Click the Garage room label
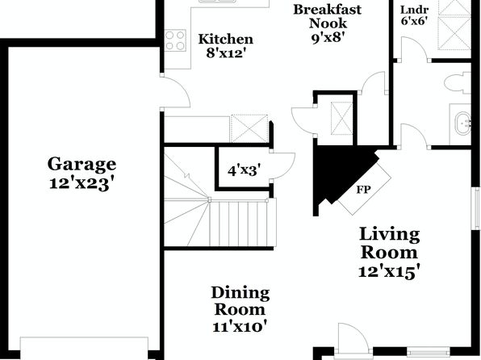pyautogui.click(x=82, y=164)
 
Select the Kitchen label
pyautogui.click(x=226, y=39)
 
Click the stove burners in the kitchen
pyautogui.click(x=175, y=40)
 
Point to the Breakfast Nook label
pyautogui.click(x=328, y=16)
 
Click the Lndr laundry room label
pyautogui.click(x=415, y=10)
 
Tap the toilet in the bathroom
pyautogui.click(x=458, y=83)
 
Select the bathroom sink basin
pyautogui.click(x=462, y=123)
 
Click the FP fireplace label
pyautogui.click(x=363, y=190)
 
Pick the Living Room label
pyautogui.click(x=389, y=244)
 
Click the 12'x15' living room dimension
pyautogui.click(x=389, y=271)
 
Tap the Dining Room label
pyautogui.click(x=240, y=301)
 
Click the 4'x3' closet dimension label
pyautogui.click(x=245, y=170)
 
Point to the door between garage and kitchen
pyautogui.click(x=175, y=92)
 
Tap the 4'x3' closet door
pyautogui.click(x=282, y=165)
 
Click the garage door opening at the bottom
pyautogui.click(x=84, y=349)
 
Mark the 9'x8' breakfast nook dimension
pyautogui.click(x=328, y=38)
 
